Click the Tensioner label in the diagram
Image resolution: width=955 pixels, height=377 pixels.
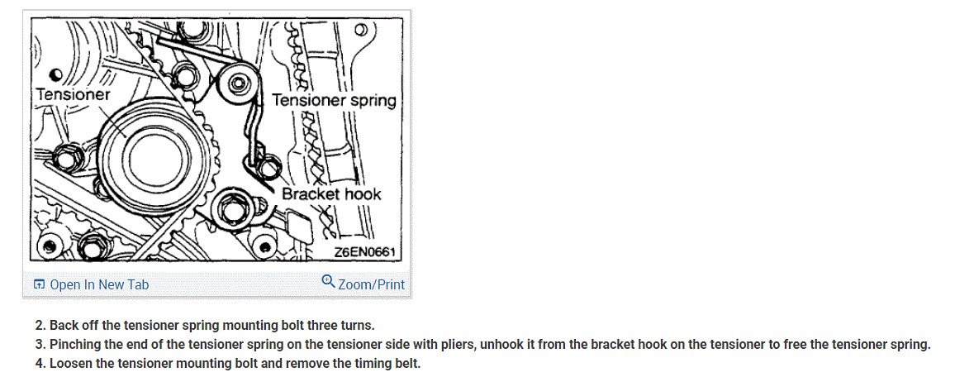click(73, 93)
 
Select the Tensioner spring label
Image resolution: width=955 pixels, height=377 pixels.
click(334, 100)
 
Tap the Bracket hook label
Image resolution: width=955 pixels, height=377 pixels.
click(331, 194)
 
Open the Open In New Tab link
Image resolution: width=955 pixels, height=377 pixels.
click(99, 284)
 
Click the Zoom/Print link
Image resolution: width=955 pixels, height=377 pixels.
click(371, 284)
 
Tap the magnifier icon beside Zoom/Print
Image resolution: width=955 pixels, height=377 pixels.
click(328, 283)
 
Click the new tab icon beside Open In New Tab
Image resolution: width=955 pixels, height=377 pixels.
click(39, 284)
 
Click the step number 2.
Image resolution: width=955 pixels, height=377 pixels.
click(39, 325)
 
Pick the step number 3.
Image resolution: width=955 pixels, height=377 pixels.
click(39, 344)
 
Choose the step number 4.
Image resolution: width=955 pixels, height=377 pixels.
click(39, 363)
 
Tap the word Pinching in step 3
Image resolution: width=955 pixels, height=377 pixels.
click(74, 344)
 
